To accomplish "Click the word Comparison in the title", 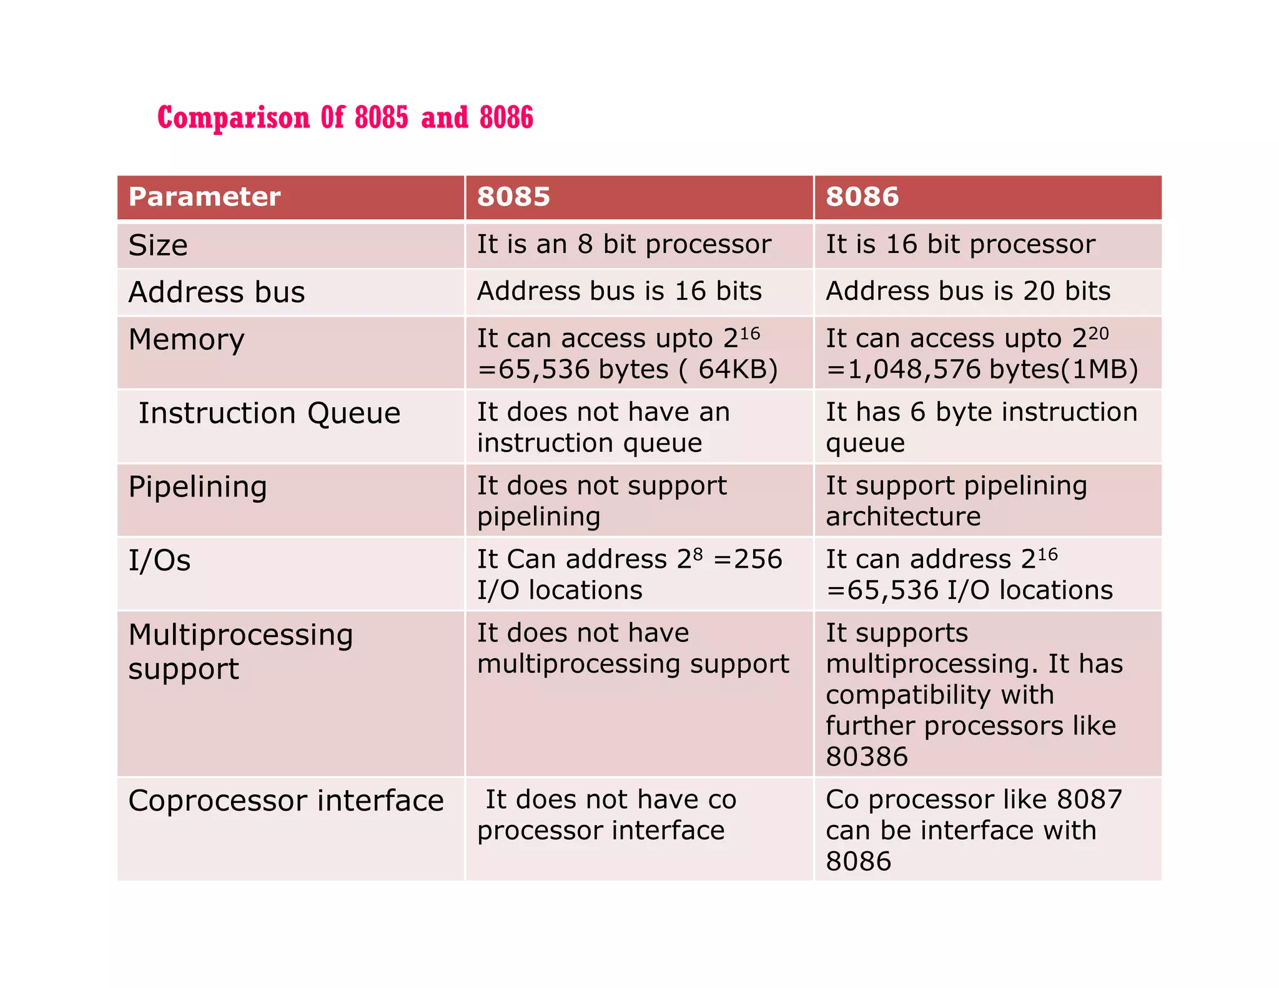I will coord(233,118).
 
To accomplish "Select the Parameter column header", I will coord(204,197).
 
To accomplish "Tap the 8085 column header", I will coord(513,197).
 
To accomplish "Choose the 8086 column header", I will coord(862,197).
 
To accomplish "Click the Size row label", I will coord(158,245).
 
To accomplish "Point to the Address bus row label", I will coord(217,292).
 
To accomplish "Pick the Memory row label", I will coord(186,340).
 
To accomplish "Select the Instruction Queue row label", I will coord(269,413).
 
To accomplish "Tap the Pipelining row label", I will coord(197,487).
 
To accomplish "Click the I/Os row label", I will coord(159,560).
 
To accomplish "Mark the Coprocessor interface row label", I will coord(286,801).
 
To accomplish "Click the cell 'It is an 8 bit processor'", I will coord(624,244).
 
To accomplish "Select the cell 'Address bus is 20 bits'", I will coord(968,291).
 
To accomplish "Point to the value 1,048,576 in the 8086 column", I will coord(914,370).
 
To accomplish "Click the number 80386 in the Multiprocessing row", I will coord(867,757).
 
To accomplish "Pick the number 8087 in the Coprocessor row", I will coord(1089,799).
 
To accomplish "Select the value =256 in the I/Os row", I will coord(748,559).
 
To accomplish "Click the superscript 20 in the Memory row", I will coord(1099,333).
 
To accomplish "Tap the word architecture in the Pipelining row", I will coord(903,517).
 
